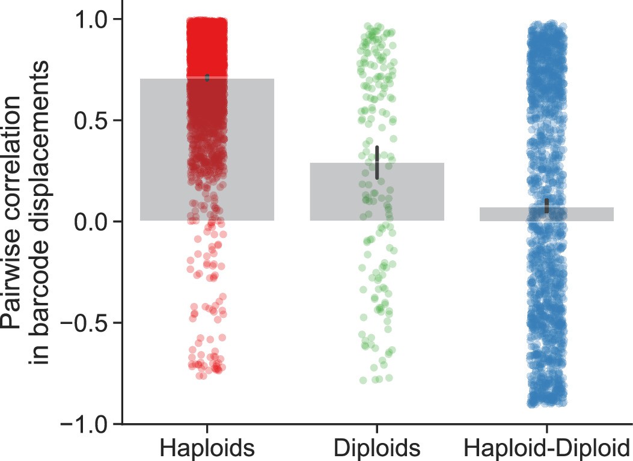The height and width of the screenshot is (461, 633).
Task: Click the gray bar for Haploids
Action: [162, 150]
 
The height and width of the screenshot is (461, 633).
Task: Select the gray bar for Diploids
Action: [337, 192]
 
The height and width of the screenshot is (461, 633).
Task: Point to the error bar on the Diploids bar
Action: [377, 162]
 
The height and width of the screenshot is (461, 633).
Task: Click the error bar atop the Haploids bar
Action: [207, 78]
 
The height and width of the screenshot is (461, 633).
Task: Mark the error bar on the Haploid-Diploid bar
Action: [546, 206]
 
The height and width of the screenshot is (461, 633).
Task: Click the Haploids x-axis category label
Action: [207, 448]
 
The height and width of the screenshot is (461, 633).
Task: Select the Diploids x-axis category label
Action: [377, 448]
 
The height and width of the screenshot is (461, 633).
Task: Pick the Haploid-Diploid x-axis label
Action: [546, 448]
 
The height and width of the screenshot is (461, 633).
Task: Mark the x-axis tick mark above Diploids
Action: [377, 429]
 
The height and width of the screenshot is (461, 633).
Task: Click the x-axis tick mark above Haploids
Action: [207, 429]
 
